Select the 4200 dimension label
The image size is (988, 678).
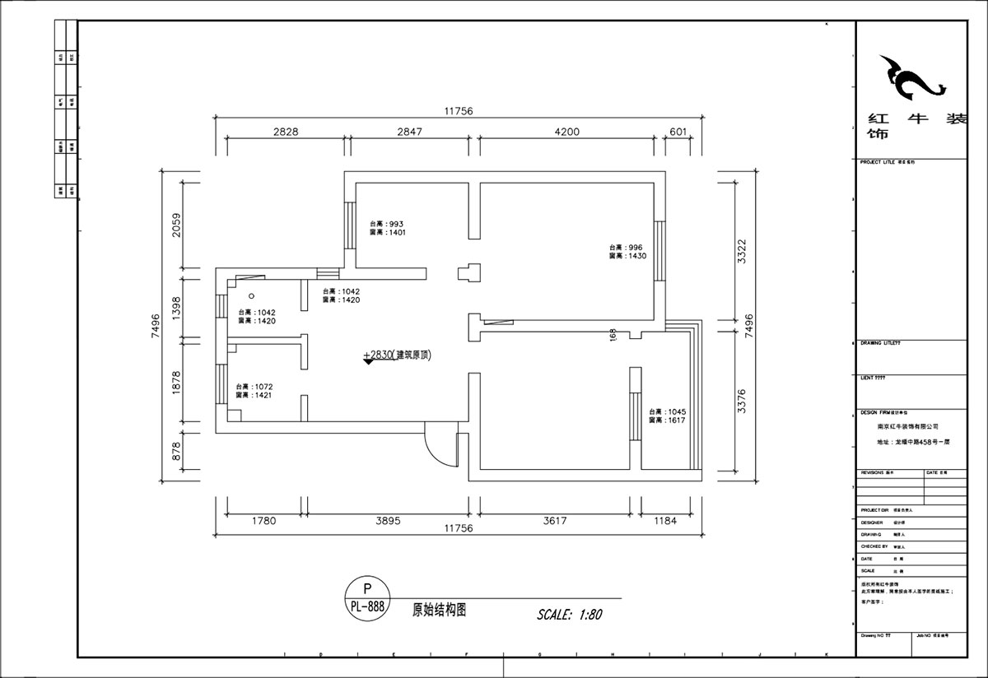click(x=566, y=132)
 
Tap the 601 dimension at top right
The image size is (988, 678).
click(x=678, y=132)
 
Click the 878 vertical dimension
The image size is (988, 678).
click(x=175, y=451)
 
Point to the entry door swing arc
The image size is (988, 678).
click(x=438, y=446)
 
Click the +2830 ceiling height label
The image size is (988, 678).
click(x=398, y=355)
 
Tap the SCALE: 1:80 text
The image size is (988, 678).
click(x=570, y=615)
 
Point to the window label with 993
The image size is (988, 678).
click(x=387, y=228)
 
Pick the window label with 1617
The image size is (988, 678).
click(x=667, y=416)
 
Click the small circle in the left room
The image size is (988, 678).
click(x=252, y=296)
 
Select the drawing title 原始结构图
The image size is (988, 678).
click(x=440, y=611)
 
